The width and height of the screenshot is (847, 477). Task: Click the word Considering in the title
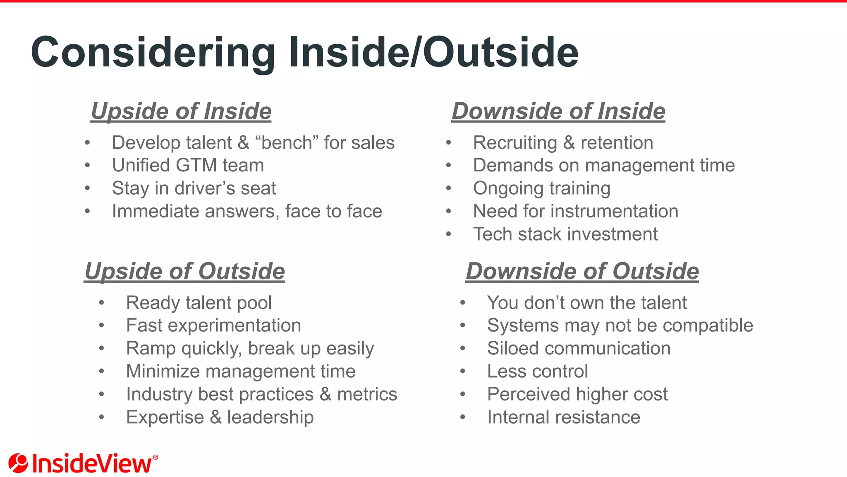point(153,53)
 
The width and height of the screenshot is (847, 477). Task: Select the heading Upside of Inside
point(181,111)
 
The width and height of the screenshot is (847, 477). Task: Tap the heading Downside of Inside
point(558,111)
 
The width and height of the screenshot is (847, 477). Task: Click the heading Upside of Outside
point(184,272)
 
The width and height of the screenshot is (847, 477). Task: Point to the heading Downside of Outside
point(582,272)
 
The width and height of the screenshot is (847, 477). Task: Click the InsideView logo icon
point(18,463)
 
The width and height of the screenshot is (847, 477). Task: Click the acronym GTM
point(196,166)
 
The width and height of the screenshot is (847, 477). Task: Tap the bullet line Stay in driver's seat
point(194,188)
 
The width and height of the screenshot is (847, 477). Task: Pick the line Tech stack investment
point(565,234)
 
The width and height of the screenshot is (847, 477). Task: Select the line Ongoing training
point(542,188)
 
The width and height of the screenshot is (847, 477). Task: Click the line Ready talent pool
point(199,303)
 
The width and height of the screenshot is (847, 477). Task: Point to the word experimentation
point(234,326)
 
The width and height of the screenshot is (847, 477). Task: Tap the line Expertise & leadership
point(220,417)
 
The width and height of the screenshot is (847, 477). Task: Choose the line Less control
point(537,371)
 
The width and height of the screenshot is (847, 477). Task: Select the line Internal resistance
point(564,417)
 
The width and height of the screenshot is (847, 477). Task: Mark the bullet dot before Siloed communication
point(463,349)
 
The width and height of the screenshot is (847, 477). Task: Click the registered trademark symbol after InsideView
point(156,457)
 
